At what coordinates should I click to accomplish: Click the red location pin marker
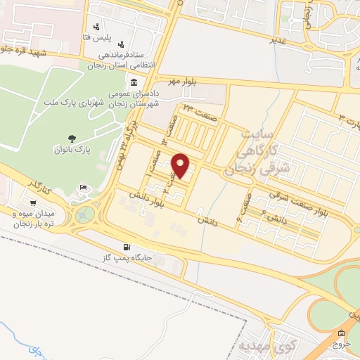pyautogui.click(x=181, y=164)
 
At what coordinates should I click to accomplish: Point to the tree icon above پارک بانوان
pyautogui.click(x=72, y=138)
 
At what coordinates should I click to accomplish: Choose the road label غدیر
pyautogui.click(x=279, y=40)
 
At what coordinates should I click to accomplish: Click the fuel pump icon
pyautogui.click(x=127, y=246)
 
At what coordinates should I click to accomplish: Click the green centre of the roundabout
pyautogui.click(x=85, y=212)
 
